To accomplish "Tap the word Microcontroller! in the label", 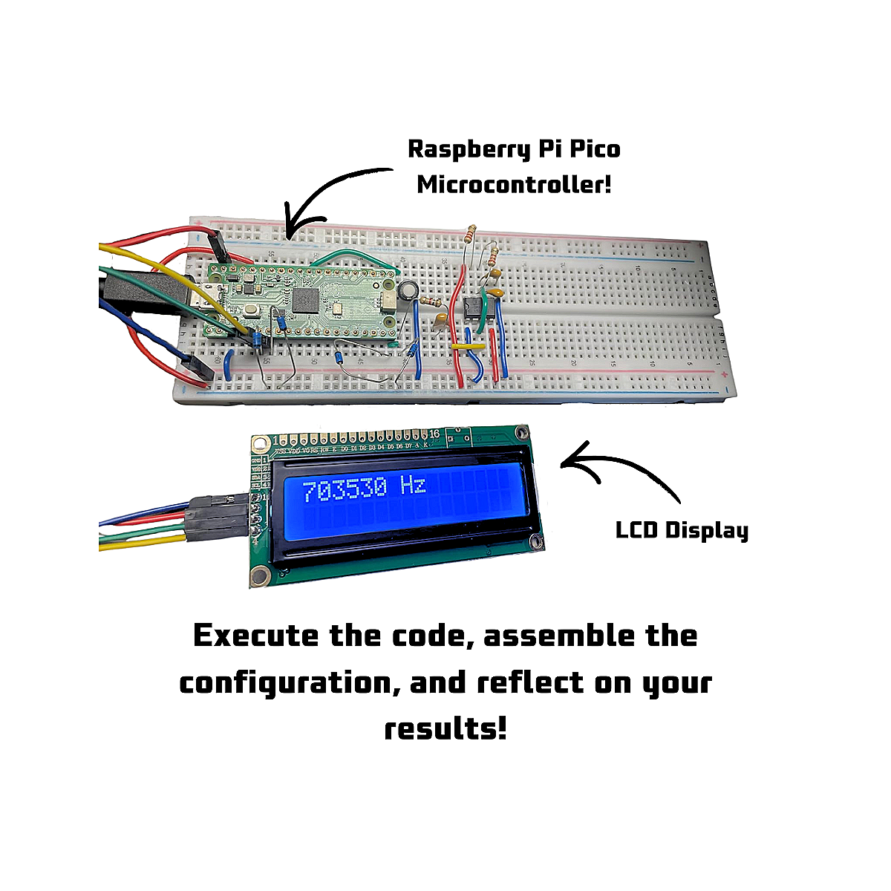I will (x=514, y=183).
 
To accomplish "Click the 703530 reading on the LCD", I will (x=343, y=489).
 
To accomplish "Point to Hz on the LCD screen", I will (x=413, y=486).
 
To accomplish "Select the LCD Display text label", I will (x=682, y=530).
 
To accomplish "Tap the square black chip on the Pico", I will (x=307, y=301).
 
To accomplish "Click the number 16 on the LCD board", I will (x=434, y=434).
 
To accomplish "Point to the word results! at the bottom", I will (x=446, y=728).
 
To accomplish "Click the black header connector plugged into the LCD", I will (x=220, y=515).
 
